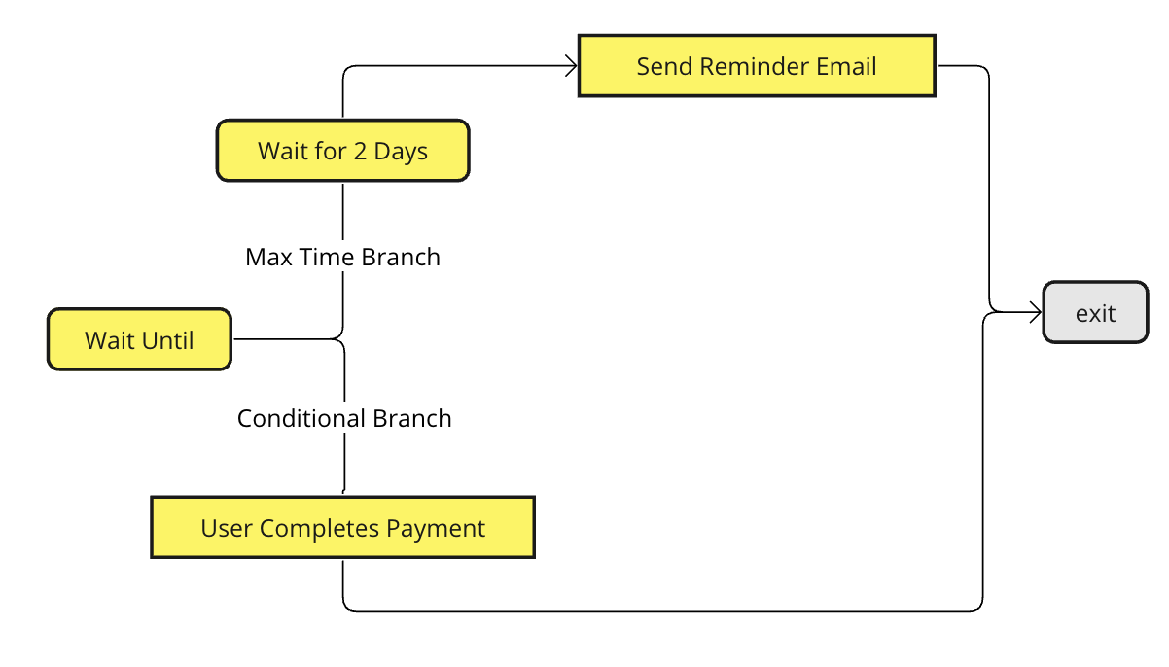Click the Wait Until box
click(x=139, y=339)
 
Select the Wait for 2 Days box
click(x=343, y=151)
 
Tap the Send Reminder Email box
click(x=757, y=66)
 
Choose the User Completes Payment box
click(x=343, y=527)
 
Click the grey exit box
click(x=1095, y=312)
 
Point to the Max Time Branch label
click(x=343, y=257)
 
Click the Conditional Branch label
click(x=344, y=418)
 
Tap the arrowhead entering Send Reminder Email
click(x=572, y=66)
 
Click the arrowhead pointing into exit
click(x=1037, y=312)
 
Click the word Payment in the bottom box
click(x=436, y=528)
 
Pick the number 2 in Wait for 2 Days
click(x=360, y=152)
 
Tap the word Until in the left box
click(x=168, y=341)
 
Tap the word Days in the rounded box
click(x=401, y=152)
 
